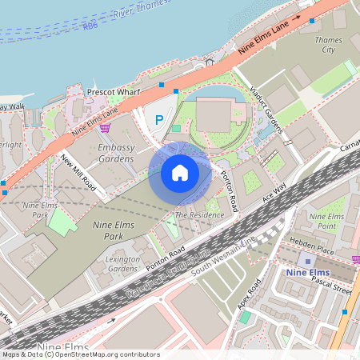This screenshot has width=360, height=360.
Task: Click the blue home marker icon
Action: click(x=180, y=172)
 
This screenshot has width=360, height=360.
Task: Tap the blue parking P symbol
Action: click(x=158, y=120)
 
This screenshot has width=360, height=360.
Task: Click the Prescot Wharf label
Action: click(x=113, y=93)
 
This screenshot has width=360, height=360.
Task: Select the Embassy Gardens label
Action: click(x=115, y=154)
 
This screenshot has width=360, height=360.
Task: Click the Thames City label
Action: click(x=329, y=45)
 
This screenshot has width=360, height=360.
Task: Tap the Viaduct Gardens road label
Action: click(x=266, y=109)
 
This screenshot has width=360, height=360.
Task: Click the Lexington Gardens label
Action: click(x=123, y=264)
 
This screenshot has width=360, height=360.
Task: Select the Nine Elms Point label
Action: click(x=326, y=221)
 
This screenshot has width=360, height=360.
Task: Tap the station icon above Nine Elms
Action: click(x=308, y=261)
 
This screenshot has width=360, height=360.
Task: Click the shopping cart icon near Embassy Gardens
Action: click(x=105, y=126)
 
